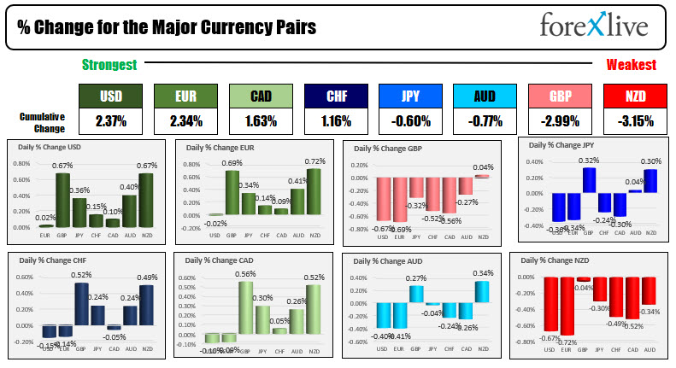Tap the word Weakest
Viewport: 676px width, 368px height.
pos(631,65)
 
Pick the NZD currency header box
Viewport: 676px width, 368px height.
pos(634,96)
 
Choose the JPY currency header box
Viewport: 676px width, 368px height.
pos(410,96)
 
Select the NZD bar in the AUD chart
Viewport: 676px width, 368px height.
pos(482,291)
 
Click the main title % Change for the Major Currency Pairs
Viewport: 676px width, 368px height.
pos(167,27)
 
